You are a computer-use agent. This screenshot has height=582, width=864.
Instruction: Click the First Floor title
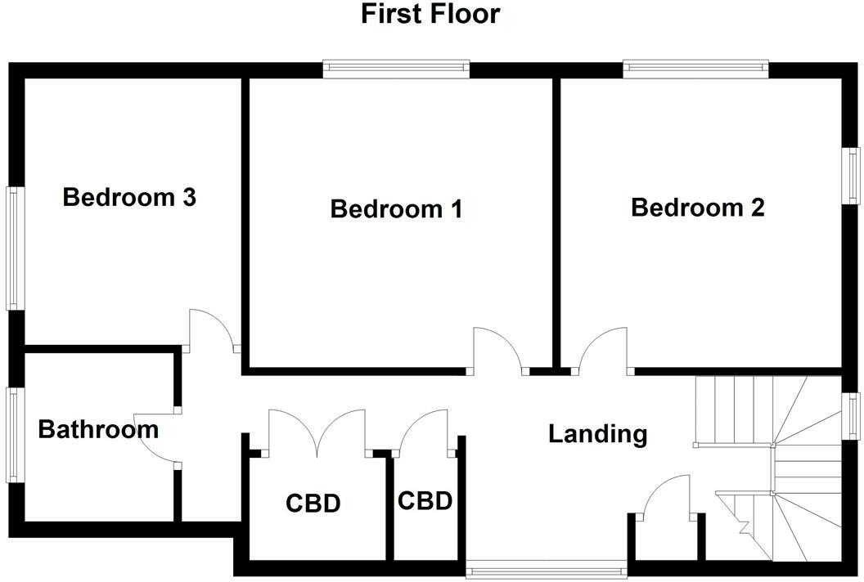[430, 14]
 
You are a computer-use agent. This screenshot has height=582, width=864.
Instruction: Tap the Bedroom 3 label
[129, 198]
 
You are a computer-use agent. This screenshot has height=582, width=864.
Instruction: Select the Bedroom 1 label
[396, 209]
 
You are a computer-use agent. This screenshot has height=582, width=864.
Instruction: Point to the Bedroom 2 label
[697, 208]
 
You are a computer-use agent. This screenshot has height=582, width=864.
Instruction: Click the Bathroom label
[98, 429]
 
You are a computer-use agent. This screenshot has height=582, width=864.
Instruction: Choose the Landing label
[597, 434]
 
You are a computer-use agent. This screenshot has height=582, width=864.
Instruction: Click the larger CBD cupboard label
[313, 504]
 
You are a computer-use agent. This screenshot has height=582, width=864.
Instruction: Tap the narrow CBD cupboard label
[425, 501]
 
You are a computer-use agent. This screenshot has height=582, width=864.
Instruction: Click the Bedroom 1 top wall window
[396, 69]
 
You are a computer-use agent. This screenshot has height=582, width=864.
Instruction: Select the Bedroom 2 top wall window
[695, 69]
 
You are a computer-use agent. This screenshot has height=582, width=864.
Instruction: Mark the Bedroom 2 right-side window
[852, 175]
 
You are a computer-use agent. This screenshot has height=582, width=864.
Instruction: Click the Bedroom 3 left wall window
[13, 248]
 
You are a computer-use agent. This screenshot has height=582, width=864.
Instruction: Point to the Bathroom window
[13, 434]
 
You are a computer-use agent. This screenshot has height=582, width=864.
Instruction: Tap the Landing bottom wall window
[546, 568]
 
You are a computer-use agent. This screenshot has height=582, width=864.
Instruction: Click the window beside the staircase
[852, 416]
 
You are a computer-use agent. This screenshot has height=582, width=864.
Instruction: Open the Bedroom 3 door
[211, 332]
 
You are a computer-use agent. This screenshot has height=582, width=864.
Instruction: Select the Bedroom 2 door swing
[604, 347]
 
